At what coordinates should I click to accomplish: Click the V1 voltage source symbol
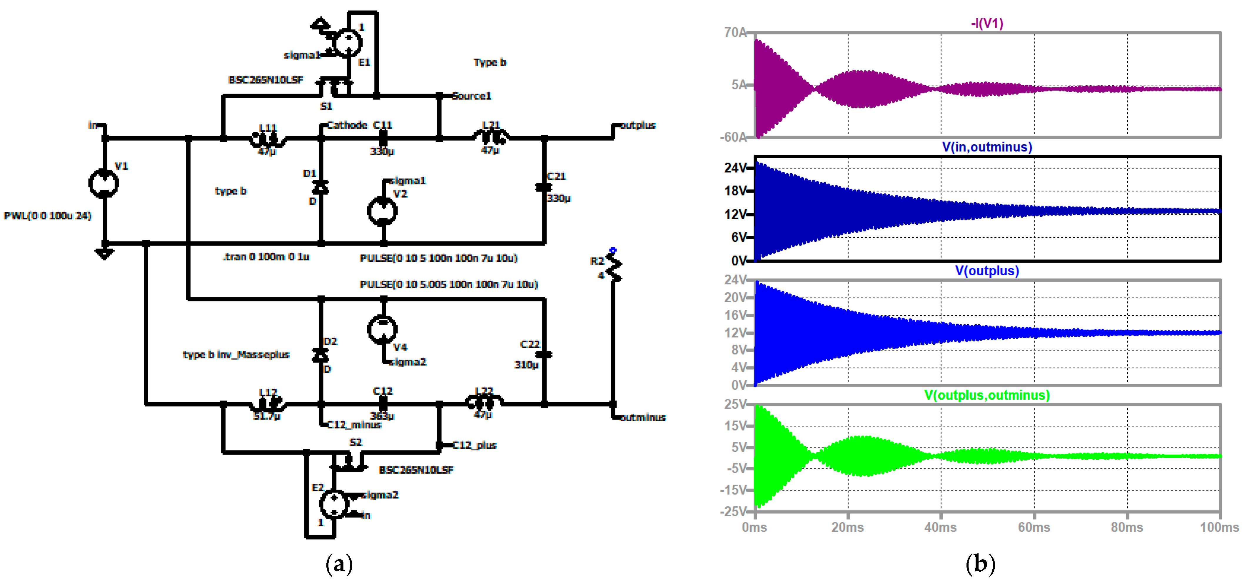tap(104, 183)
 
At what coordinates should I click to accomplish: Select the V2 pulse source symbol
tap(382, 211)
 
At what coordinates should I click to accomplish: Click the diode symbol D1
tap(320, 187)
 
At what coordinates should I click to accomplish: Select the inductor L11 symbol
tap(268, 139)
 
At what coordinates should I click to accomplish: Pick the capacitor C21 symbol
tap(544, 187)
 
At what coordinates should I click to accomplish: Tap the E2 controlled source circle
tap(334, 504)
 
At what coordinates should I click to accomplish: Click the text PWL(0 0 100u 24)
tap(48, 216)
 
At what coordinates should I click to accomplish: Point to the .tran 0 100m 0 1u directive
tap(266, 256)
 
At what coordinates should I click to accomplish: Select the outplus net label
tap(637, 125)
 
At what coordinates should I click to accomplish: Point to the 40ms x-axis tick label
tap(940, 527)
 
